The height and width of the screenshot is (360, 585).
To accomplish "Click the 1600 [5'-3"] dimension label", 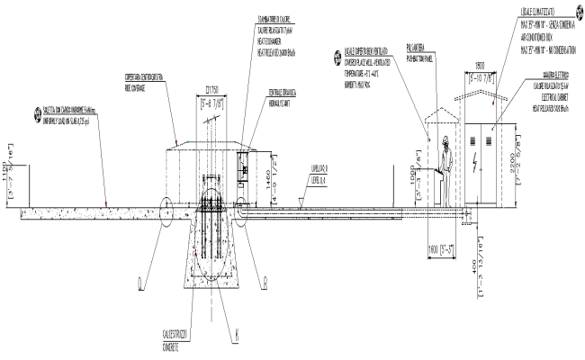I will click(439, 247).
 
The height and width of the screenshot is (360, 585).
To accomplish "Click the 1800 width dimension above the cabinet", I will click(481, 66).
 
